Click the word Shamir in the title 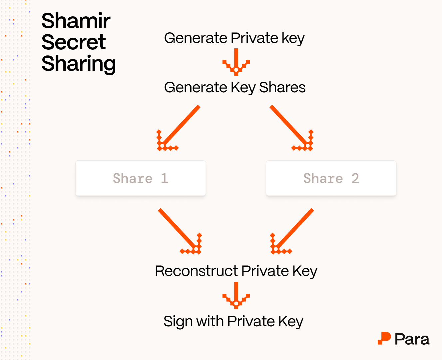[x=76, y=21]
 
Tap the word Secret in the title [x=74, y=42]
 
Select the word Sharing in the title [x=79, y=64]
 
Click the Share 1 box [x=141, y=178]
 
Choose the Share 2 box [x=331, y=178]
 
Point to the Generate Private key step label [x=234, y=38]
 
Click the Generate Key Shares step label [x=234, y=88]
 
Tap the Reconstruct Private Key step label [x=236, y=271]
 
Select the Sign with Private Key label [x=233, y=322]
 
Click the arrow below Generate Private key [x=236, y=62]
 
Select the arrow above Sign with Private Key [x=236, y=296]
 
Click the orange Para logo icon [x=384, y=338]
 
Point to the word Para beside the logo [x=412, y=339]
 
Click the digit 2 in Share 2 [x=355, y=178]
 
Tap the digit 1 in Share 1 [x=165, y=178]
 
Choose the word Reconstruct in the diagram [x=197, y=271]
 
